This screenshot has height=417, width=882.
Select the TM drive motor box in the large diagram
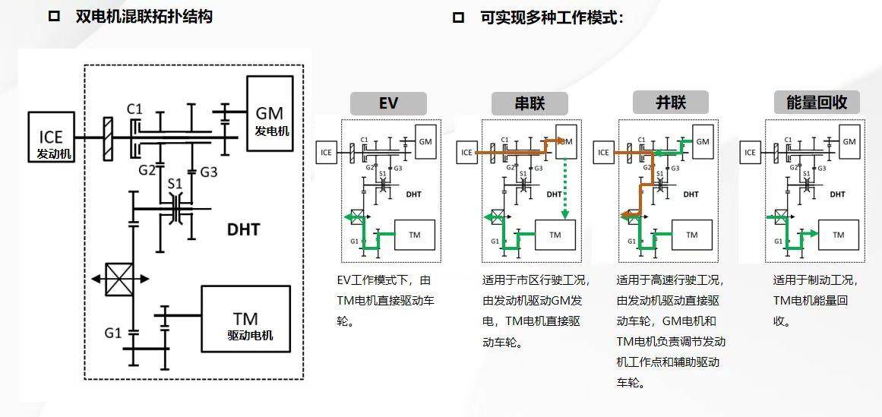click(245, 319)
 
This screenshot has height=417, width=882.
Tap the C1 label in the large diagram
click(134, 109)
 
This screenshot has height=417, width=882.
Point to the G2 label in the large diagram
click(147, 171)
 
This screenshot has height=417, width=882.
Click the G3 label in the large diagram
click(209, 172)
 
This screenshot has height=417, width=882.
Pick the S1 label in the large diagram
click(175, 184)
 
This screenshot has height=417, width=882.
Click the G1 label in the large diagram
click(113, 333)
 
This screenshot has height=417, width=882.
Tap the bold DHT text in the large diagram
click(243, 229)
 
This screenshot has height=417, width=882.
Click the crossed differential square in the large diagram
click(120, 279)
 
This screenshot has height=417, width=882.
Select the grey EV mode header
click(388, 103)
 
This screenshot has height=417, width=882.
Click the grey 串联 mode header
click(530, 103)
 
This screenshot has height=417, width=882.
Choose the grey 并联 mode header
click(670, 103)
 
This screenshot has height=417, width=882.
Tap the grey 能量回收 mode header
click(817, 103)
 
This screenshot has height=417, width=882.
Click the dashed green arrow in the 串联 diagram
click(565, 186)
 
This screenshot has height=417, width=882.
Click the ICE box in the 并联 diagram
click(603, 153)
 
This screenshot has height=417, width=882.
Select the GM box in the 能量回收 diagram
click(849, 142)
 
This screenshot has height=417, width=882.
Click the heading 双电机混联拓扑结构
click(144, 17)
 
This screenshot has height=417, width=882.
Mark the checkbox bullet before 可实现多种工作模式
click(458, 17)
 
